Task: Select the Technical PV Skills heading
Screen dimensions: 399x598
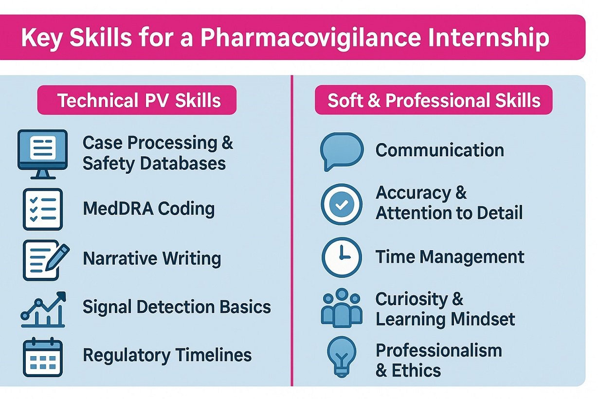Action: click(139, 100)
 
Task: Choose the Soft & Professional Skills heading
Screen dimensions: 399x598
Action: click(434, 100)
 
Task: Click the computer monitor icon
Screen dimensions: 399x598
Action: click(42, 150)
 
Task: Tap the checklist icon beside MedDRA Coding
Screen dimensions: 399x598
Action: click(43, 209)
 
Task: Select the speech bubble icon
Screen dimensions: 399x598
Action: click(342, 151)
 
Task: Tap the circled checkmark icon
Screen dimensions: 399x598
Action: click(342, 204)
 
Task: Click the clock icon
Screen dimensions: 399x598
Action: click(342, 257)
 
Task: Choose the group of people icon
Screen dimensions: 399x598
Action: click(342, 308)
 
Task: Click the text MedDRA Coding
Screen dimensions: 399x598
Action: click(149, 209)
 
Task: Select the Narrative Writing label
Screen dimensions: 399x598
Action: click(152, 258)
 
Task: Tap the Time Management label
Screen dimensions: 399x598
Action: click(450, 256)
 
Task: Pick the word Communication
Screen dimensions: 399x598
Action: click(440, 150)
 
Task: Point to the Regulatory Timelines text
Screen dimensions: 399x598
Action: click(167, 355)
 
